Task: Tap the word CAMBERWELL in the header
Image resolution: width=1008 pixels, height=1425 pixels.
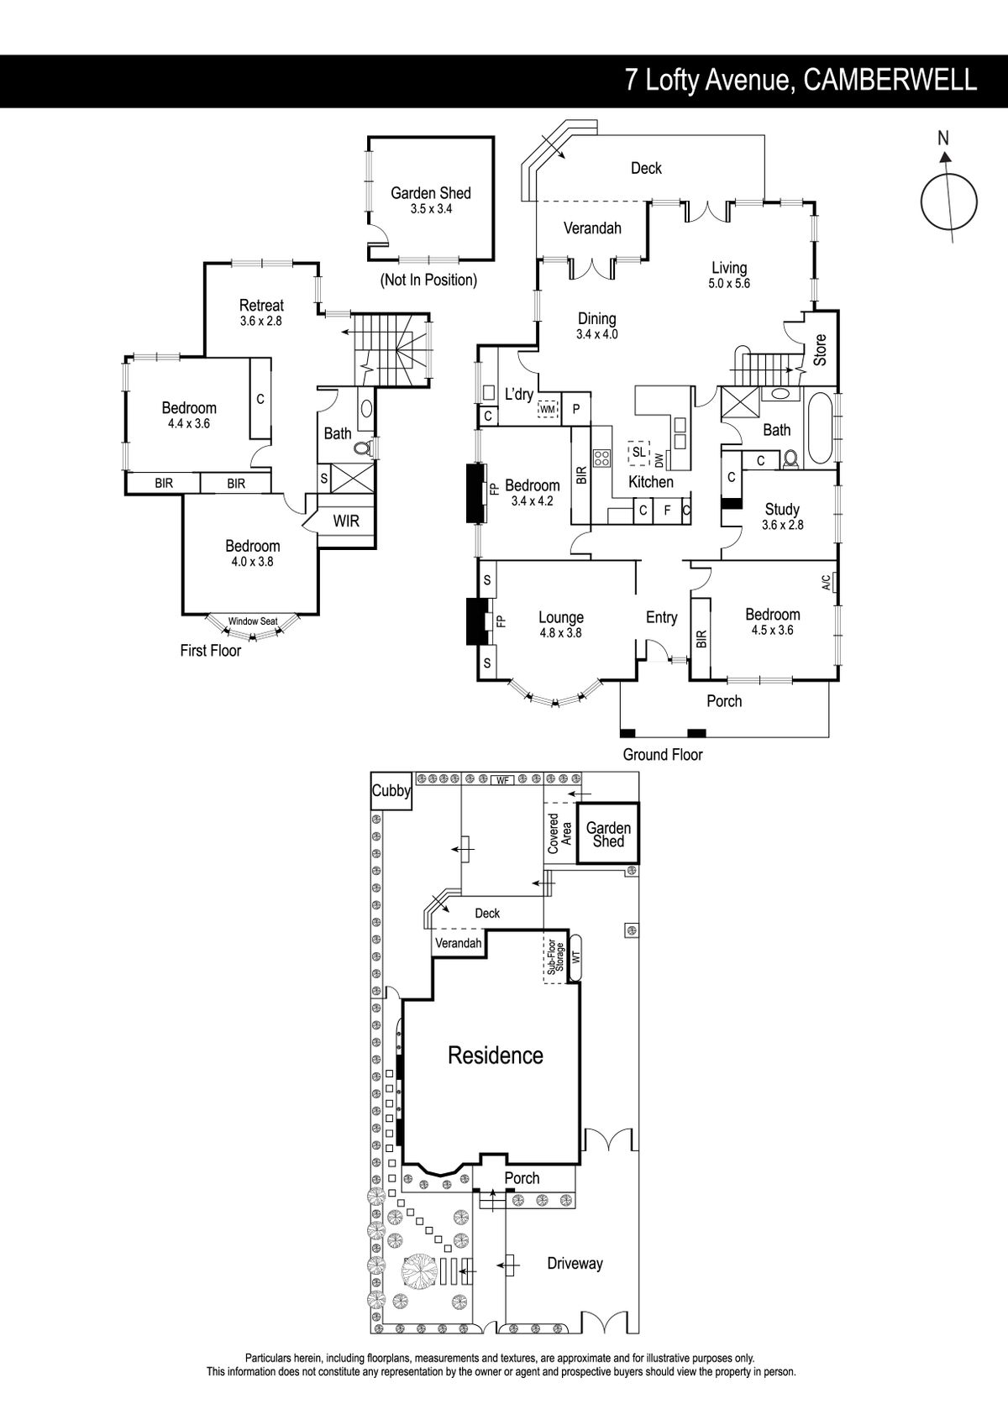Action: pyautogui.click(x=890, y=80)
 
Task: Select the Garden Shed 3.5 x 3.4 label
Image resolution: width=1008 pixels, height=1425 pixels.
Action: pyautogui.click(x=431, y=201)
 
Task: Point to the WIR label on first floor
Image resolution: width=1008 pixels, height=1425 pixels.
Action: pyautogui.click(x=346, y=521)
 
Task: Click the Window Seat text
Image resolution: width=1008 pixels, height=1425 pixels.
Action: pyautogui.click(x=253, y=621)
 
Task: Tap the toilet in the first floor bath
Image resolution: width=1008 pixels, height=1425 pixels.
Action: pyautogui.click(x=363, y=448)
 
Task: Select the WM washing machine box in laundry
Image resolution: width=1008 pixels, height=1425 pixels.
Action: pyautogui.click(x=548, y=409)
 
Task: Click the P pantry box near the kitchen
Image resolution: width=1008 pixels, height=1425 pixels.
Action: pyautogui.click(x=576, y=409)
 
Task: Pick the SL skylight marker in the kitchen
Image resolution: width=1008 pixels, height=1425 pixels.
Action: pyautogui.click(x=638, y=452)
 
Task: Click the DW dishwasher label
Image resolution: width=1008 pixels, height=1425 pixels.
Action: pyautogui.click(x=659, y=459)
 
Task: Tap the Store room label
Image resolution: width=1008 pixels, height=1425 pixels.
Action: pyautogui.click(x=821, y=350)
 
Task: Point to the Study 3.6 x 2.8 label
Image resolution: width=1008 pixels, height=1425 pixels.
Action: pyautogui.click(x=782, y=516)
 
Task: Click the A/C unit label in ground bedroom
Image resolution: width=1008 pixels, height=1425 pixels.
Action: pyautogui.click(x=826, y=582)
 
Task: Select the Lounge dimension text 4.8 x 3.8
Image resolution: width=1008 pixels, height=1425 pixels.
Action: pyautogui.click(x=560, y=633)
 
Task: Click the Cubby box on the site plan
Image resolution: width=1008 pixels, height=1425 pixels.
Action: pyautogui.click(x=391, y=791)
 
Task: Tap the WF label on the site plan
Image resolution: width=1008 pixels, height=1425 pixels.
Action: pyautogui.click(x=502, y=780)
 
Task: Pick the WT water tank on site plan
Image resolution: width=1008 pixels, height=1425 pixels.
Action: pyautogui.click(x=576, y=957)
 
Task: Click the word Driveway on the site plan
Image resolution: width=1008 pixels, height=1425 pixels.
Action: pyautogui.click(x=575, y=1264)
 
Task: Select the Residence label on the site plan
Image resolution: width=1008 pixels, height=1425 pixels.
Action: pyautogui.click(x=496, y=1056)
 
